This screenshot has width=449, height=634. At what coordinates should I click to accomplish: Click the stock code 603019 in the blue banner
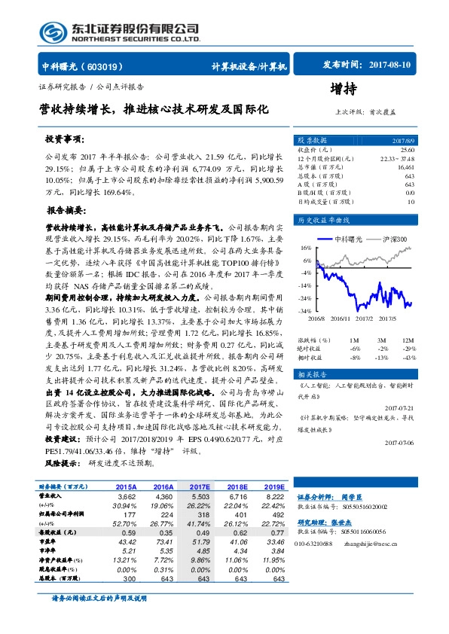pos(111,66)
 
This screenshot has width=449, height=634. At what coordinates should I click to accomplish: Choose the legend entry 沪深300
pos(393,239)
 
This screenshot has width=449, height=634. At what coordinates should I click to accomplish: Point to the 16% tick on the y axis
pos(306,247)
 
